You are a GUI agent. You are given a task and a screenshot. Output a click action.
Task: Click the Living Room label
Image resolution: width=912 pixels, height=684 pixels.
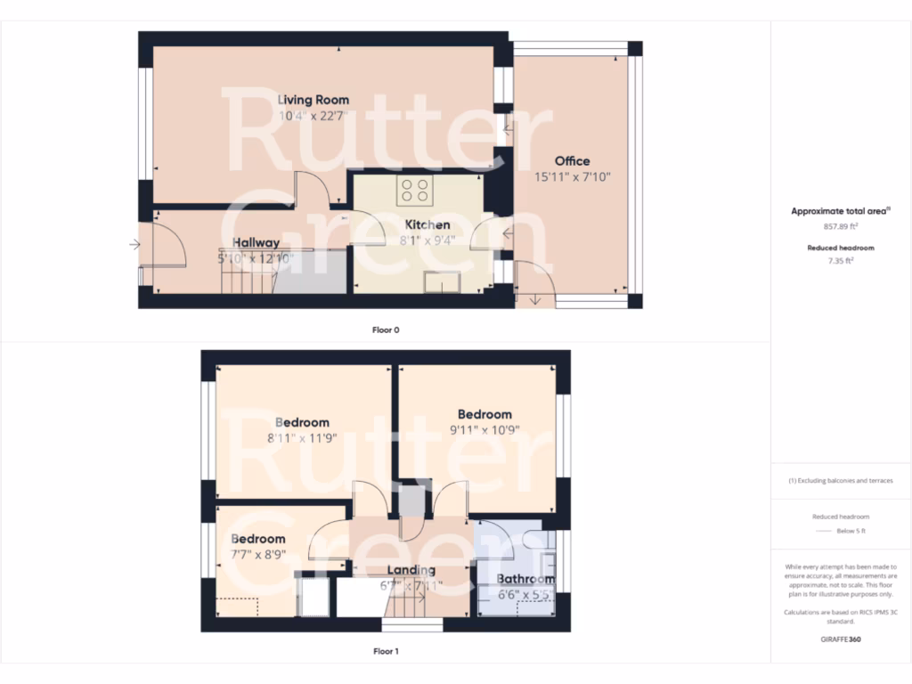pos(313,100)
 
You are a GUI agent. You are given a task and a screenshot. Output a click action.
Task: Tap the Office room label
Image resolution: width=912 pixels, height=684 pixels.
pos(572,161)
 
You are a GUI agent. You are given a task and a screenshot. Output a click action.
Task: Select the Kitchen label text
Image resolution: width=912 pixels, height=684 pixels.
pos(427,224)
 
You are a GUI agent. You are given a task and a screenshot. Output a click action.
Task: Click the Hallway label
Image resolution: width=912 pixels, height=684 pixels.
pos(256,242)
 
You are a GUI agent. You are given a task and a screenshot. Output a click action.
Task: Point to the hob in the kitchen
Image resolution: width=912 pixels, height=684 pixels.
pos(415,189)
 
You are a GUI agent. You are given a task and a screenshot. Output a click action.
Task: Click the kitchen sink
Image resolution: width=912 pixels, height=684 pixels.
pos(442,282)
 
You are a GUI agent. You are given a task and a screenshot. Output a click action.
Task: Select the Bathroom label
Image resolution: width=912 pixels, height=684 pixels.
pos(525,579)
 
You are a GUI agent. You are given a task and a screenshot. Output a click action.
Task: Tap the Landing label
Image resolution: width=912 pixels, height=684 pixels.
pos(411,570)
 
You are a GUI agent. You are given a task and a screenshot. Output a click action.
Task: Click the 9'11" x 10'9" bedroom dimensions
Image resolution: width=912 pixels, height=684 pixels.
pos(484,429)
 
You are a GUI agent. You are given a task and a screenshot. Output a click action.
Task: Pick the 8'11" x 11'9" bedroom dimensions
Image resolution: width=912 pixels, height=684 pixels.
pos(302,437)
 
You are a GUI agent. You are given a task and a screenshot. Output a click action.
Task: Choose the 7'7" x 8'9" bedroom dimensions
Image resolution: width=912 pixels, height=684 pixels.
pos(258,554)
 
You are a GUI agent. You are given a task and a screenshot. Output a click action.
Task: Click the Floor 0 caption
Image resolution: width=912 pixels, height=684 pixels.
pos(386,330)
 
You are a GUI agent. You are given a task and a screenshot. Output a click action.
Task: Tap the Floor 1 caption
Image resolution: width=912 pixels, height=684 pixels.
pos(386,651)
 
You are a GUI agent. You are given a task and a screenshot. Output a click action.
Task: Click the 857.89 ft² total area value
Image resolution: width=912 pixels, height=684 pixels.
pos(841,227)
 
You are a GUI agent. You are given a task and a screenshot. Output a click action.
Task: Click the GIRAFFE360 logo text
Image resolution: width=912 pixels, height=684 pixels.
pos(841,639)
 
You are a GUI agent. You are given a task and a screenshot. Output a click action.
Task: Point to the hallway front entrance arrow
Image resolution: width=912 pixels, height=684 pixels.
pos(134,243)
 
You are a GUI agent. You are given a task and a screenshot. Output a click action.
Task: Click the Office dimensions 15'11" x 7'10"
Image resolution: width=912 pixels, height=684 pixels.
pos(572,176)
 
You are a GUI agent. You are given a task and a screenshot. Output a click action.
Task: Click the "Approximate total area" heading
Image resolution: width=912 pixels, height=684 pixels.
pos(840,211)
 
